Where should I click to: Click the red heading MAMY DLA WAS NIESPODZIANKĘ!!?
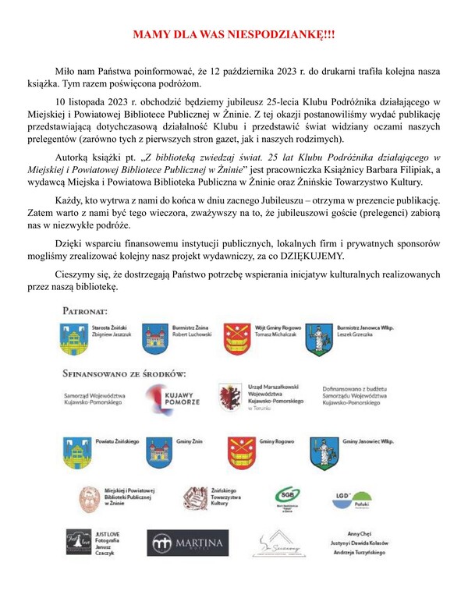pos(233,36)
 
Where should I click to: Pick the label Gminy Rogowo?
pos(275,441)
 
